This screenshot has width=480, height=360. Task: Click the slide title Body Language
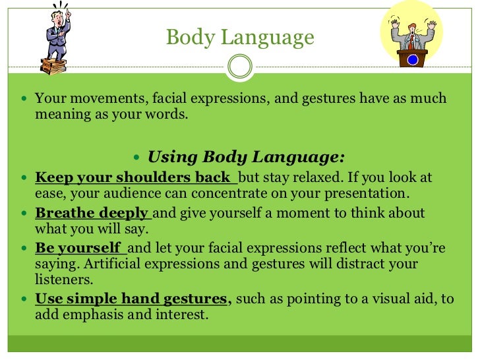pos(240,37)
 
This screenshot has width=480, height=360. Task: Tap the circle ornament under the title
pos(240,66)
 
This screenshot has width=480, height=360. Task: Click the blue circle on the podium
pos(413,59)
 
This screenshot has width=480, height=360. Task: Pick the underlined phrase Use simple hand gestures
pos(132,299)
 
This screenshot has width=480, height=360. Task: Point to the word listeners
pos(63,280)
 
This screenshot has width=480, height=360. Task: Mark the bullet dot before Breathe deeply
pos(24,214)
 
